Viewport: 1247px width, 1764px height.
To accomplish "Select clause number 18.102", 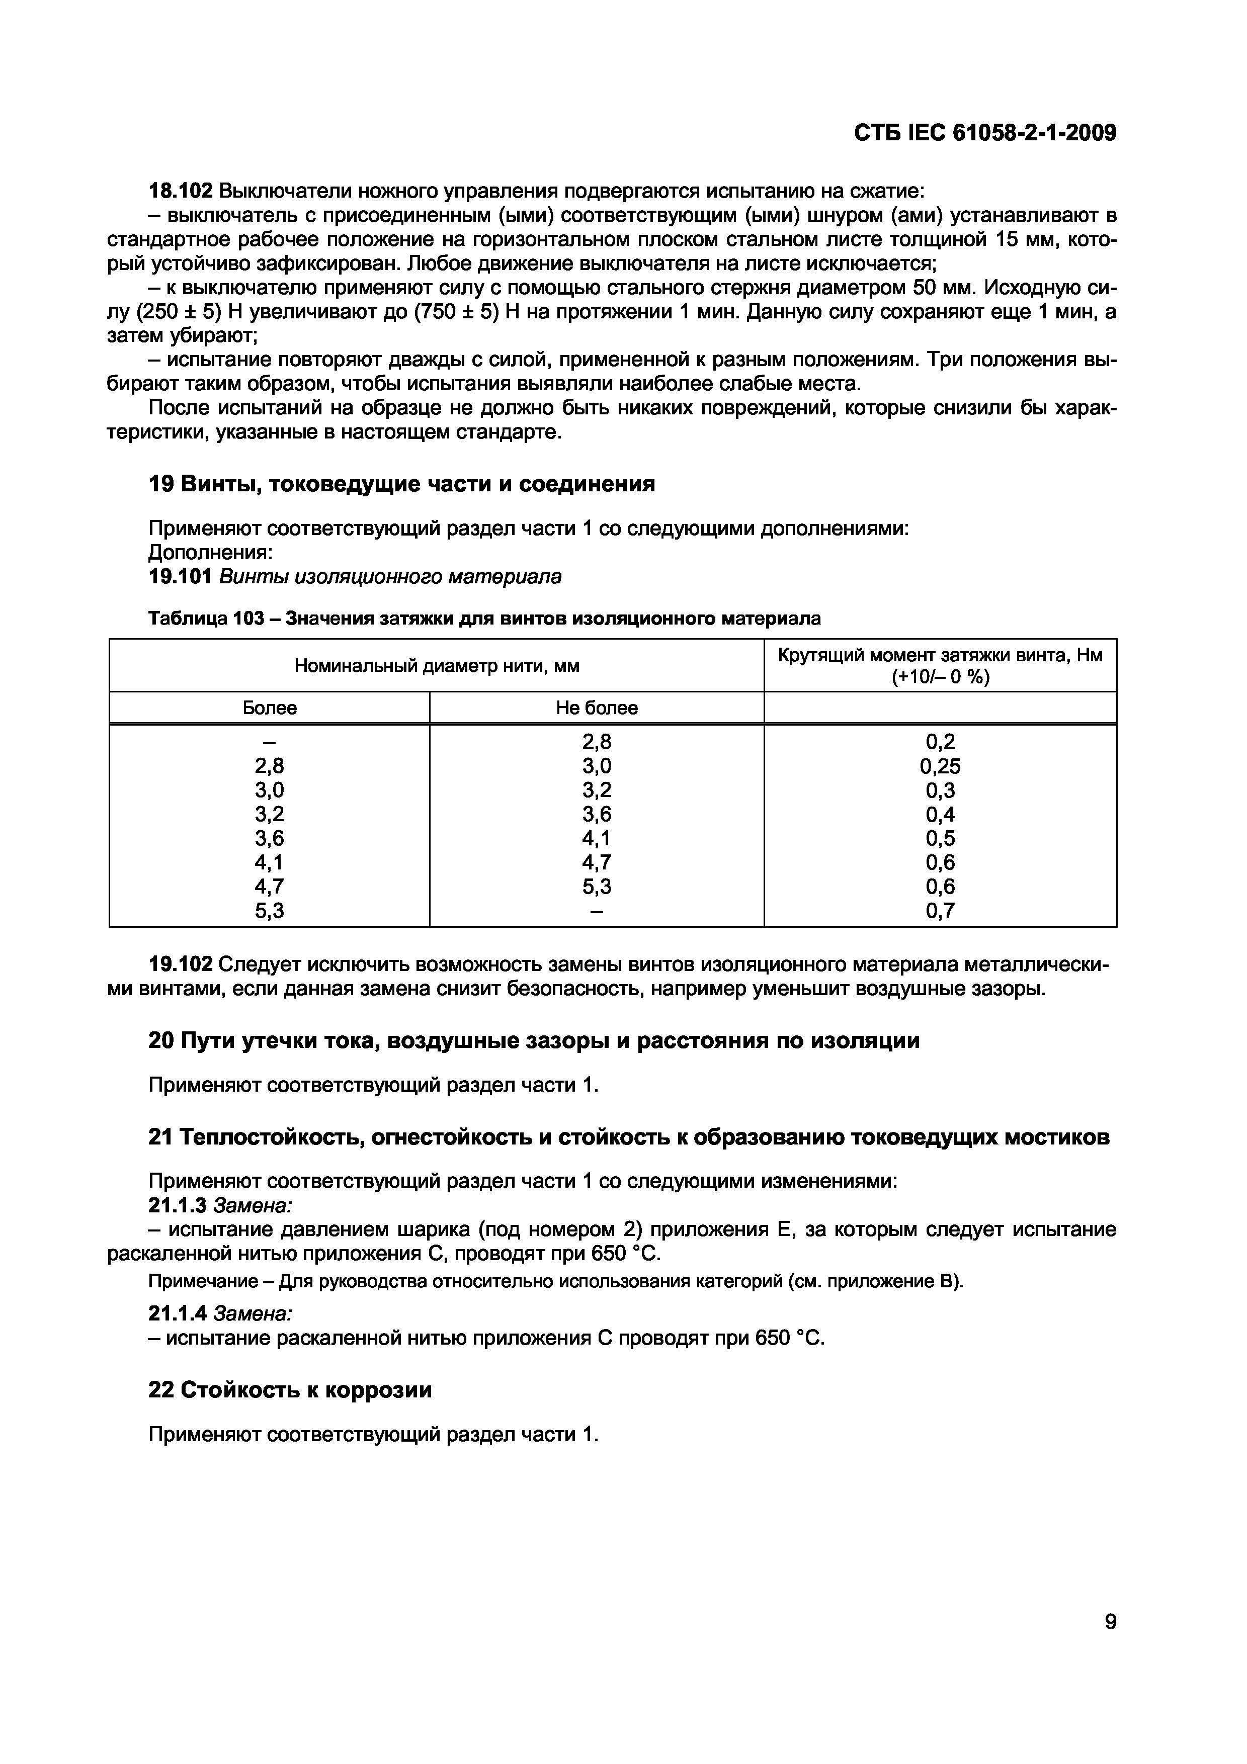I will [179, 191].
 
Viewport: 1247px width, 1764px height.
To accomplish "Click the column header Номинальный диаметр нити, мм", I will [437, 665].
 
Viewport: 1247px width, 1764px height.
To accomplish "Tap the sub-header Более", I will [269, 708].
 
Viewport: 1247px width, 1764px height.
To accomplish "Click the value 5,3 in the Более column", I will [269, 911].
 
